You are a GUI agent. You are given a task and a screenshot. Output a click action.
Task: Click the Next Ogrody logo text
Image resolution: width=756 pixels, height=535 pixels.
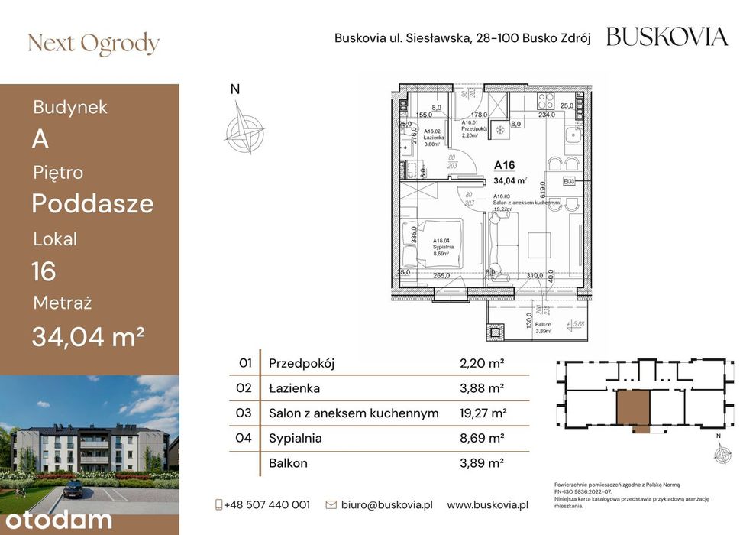[93, 44]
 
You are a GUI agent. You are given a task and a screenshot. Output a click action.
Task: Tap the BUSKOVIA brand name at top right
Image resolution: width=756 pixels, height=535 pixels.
[667, 37]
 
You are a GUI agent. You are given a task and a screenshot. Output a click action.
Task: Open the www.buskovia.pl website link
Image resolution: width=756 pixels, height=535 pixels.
[488, 504]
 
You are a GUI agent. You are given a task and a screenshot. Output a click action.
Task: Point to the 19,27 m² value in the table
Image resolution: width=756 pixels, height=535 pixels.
[483, 413]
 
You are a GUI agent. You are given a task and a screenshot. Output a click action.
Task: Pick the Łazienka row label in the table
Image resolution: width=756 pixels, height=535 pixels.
[294, 388]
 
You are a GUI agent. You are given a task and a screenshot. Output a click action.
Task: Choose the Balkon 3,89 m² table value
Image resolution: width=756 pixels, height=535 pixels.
[483, 463]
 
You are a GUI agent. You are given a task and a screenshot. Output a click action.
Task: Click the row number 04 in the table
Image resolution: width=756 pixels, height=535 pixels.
[245, 439]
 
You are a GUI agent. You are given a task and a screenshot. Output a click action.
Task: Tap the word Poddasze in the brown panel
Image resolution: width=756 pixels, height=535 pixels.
[92, 204]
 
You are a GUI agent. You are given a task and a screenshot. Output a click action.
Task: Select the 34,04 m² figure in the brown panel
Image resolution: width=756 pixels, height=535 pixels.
[88, 336]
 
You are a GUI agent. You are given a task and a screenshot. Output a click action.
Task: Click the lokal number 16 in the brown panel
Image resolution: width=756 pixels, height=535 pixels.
[44, 271]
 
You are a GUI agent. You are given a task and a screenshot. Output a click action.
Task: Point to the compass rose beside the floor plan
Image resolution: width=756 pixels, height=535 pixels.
[244, 128]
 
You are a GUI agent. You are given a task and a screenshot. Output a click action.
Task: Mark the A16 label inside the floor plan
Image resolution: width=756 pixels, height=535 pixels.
[504, 164]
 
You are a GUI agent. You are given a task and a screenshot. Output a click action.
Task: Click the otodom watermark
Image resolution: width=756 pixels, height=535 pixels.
[57, 520]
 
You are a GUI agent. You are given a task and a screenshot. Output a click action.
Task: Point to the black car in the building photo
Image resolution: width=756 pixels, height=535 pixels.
[75, 488]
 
